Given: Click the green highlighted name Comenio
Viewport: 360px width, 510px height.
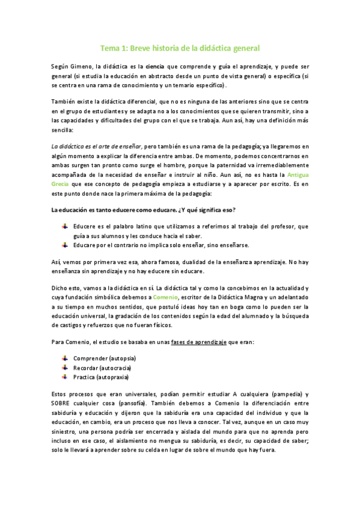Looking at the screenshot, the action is pyautogui.click(x=163, y=297).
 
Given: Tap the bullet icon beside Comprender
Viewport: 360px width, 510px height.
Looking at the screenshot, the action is pyautogui.click(x=64, y=358).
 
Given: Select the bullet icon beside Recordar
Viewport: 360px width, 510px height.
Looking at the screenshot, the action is pyautogui.click(x=64, y=367).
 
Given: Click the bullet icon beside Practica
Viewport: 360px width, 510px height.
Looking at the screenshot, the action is pyautogui.click(x=64, y=376).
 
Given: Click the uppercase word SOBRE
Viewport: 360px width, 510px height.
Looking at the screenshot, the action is pyautogui.click(x=63, y=404).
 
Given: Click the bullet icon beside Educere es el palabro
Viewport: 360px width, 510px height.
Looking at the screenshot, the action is pyautogui.click(x=64, y=226).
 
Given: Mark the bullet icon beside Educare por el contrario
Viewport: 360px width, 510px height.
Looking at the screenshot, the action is pyautogui.click(x=64, y=244).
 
